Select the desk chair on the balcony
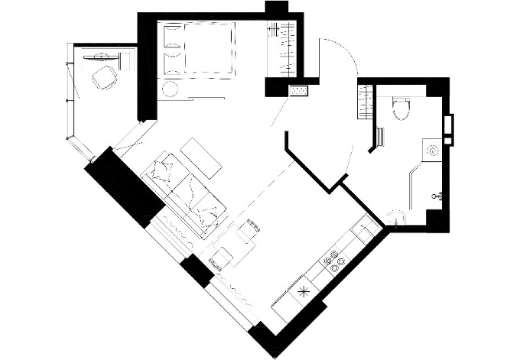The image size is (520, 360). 105,76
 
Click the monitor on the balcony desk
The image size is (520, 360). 101,57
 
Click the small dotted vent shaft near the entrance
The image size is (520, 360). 299,91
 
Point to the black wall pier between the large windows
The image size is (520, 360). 196,271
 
